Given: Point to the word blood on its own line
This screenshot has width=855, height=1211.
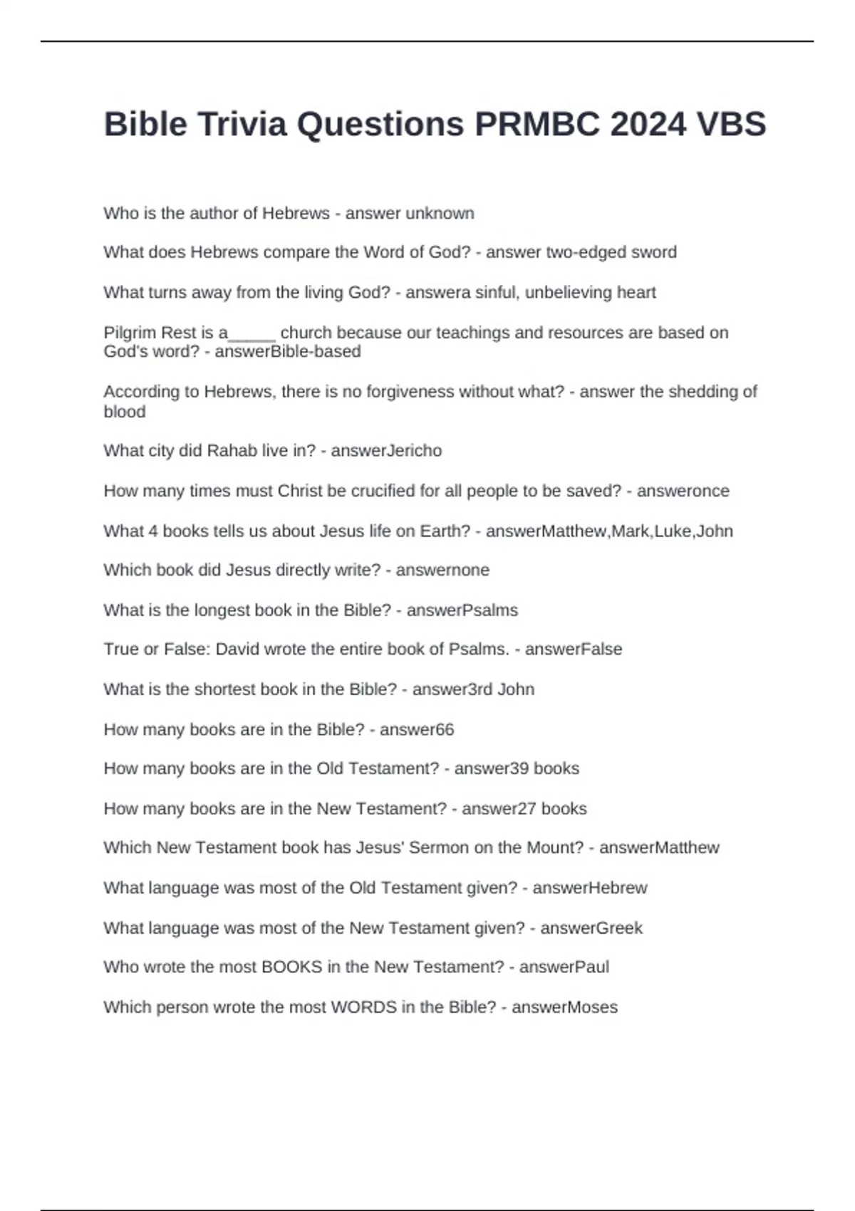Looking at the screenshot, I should click(x=125, y=412).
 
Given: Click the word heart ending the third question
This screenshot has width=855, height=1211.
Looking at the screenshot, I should click(x=638, y=292).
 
